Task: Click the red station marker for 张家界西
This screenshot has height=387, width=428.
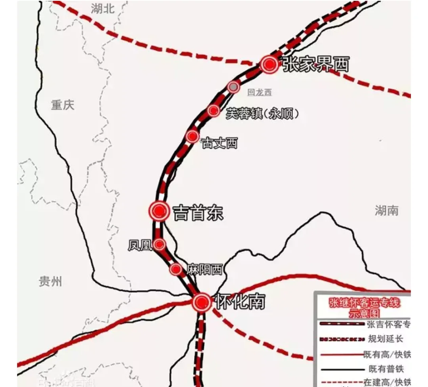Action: [269, 64]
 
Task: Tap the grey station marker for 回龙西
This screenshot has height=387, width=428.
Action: [233, 87]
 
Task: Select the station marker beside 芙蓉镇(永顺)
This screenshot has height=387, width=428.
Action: [214, 111]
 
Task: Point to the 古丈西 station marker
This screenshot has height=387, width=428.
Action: [192, 137]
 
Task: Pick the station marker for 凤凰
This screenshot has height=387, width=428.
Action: [160, 245]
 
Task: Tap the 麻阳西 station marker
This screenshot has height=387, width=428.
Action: [176, 269]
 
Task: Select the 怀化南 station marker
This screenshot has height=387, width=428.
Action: [202, 303]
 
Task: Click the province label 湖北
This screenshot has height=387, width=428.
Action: [103, 9]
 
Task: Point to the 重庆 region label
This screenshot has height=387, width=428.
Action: [63, 105]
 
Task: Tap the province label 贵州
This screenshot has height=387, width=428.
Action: [50, 282]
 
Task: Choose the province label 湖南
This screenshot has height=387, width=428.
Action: [386, 211]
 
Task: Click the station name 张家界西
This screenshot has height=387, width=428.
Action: [315, 64]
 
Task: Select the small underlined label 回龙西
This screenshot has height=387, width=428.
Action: [260, 92]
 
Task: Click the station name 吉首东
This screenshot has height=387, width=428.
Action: [198, 213]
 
